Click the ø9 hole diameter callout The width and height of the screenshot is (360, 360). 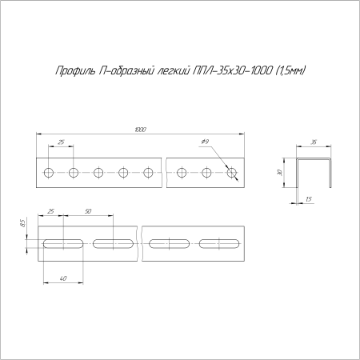point(206,142)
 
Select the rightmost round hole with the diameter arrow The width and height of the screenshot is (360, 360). point(232,172)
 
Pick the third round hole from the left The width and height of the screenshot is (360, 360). point(98,172)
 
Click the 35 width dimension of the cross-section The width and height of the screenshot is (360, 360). point(314,142)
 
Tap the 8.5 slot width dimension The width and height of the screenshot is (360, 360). point(24,226)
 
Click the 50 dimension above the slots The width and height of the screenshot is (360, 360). point(86,211)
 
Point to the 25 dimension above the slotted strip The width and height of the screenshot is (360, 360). point(52,211)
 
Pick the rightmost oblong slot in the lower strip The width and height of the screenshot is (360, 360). point(221,242)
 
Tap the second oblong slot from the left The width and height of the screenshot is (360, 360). point(114,242)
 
